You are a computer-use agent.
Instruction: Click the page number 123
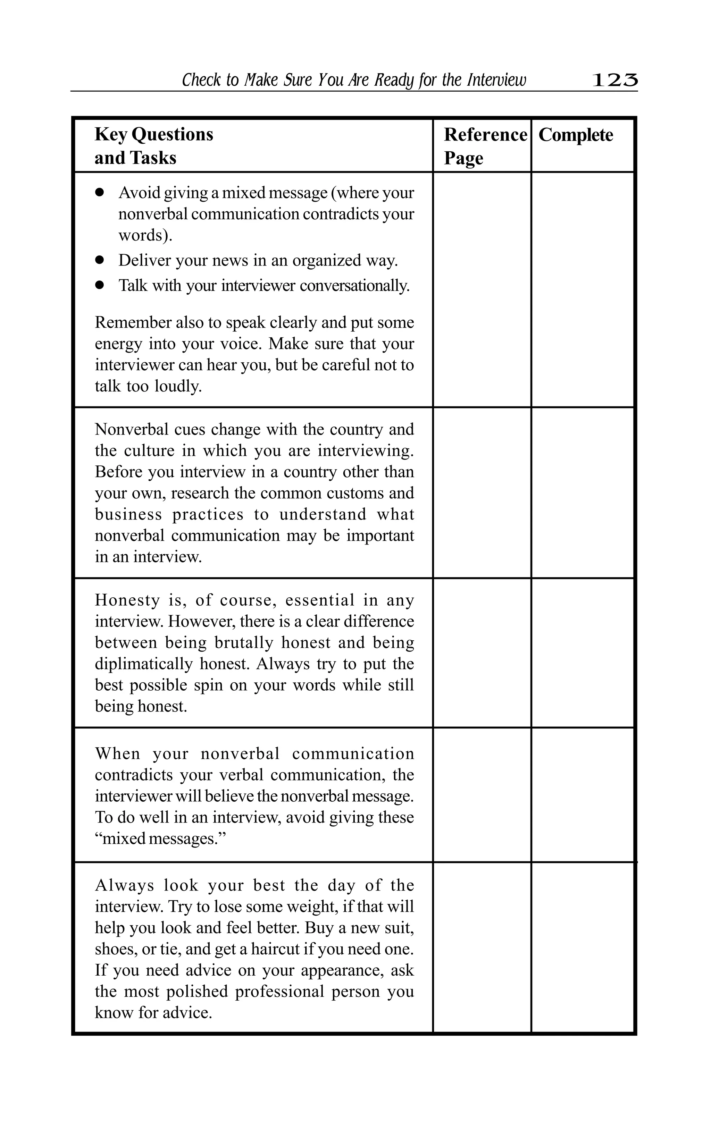coord(614,81)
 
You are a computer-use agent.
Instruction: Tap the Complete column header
coord(576,135)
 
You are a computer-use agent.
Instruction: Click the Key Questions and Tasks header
coord(154,146)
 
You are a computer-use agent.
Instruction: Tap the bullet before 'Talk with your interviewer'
coord(99,285)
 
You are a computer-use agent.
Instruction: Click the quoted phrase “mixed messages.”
coord(160,839)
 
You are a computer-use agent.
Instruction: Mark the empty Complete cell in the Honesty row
coord(583,652)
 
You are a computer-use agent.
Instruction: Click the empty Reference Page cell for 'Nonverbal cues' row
coord(482,492)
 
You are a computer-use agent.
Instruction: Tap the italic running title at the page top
coord(354,81)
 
